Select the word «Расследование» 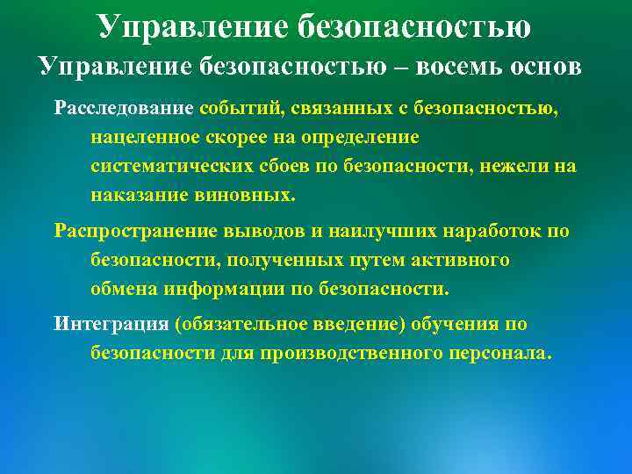(x=124, y=109)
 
